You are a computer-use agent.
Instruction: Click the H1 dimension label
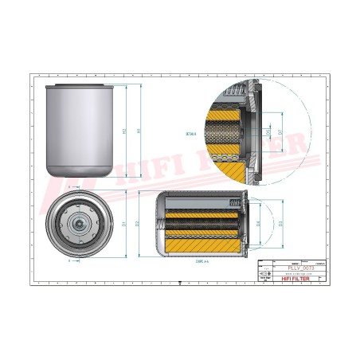139,131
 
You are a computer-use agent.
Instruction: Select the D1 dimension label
124,222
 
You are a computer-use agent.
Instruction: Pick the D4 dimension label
258,222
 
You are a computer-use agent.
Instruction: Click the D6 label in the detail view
268,131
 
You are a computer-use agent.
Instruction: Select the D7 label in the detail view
280,131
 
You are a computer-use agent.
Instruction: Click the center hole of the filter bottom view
80,224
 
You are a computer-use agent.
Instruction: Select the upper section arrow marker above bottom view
68,187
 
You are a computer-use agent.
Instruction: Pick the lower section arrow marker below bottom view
68,260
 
